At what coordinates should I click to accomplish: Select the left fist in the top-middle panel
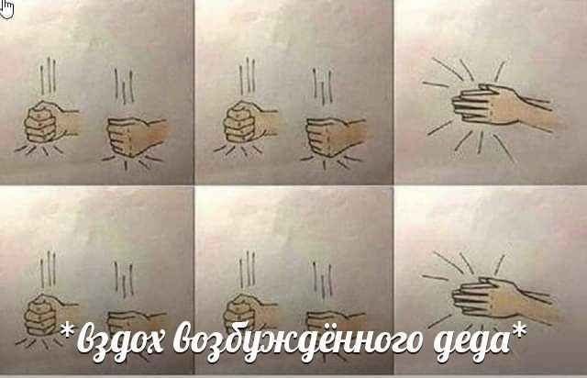coord(249,122)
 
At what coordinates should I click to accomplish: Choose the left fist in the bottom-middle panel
coord(249,313)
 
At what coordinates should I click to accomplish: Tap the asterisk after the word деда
coord(519,329)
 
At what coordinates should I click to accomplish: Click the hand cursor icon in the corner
coord(6,8)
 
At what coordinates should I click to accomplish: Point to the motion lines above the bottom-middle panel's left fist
coord(248,270)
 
